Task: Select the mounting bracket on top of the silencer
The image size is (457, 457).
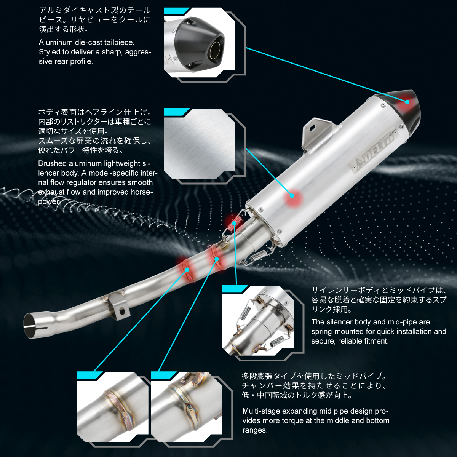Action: (318, 134)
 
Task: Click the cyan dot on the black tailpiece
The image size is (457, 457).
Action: (407, 102)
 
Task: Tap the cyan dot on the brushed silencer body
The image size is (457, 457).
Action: (292, 196)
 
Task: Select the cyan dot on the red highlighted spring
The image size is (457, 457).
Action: (234, 223)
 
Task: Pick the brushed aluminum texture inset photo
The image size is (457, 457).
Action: (200, 144)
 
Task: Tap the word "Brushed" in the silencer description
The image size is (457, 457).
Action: (53, 163)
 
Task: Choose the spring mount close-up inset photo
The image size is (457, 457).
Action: (258, 321)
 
